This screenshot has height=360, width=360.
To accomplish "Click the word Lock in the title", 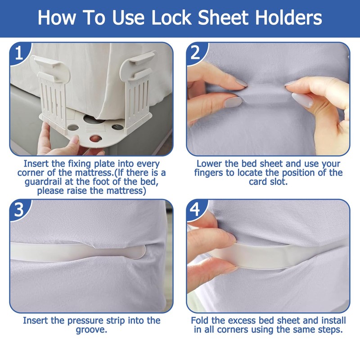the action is click(171, 18).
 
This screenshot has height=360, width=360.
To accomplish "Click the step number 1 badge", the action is click(19, 53).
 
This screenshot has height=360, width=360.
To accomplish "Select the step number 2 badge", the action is click(195, 53).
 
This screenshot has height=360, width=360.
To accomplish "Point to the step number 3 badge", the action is click(19, 210).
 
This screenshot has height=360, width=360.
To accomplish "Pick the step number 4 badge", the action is click(195, 210).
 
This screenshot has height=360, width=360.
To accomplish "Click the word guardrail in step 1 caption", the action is click(44, 182).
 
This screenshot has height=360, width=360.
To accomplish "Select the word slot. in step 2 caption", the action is click(278, 182).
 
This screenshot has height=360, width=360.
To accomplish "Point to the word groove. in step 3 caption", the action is click(91, 330).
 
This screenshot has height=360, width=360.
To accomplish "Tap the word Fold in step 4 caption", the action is click(200, 320).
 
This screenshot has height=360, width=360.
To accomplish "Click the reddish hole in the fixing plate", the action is click(95, 139).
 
